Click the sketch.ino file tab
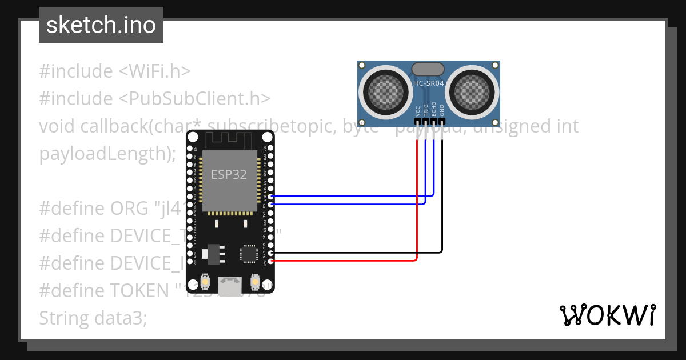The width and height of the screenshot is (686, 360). click(101, 25)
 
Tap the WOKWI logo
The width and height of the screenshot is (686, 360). click(607, 315)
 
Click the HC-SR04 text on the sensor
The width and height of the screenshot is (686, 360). click(428, 83)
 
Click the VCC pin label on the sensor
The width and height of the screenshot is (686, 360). click(418, 110)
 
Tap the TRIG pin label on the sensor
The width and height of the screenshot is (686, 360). click(426, 110)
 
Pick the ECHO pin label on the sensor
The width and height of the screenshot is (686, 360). click(434, 109)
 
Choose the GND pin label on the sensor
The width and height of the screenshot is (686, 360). click(442, 110)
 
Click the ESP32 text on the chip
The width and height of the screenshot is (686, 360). click(229, 175)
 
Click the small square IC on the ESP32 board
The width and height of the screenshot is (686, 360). click(249, 254)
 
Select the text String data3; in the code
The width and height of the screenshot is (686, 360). click(93, 318)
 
